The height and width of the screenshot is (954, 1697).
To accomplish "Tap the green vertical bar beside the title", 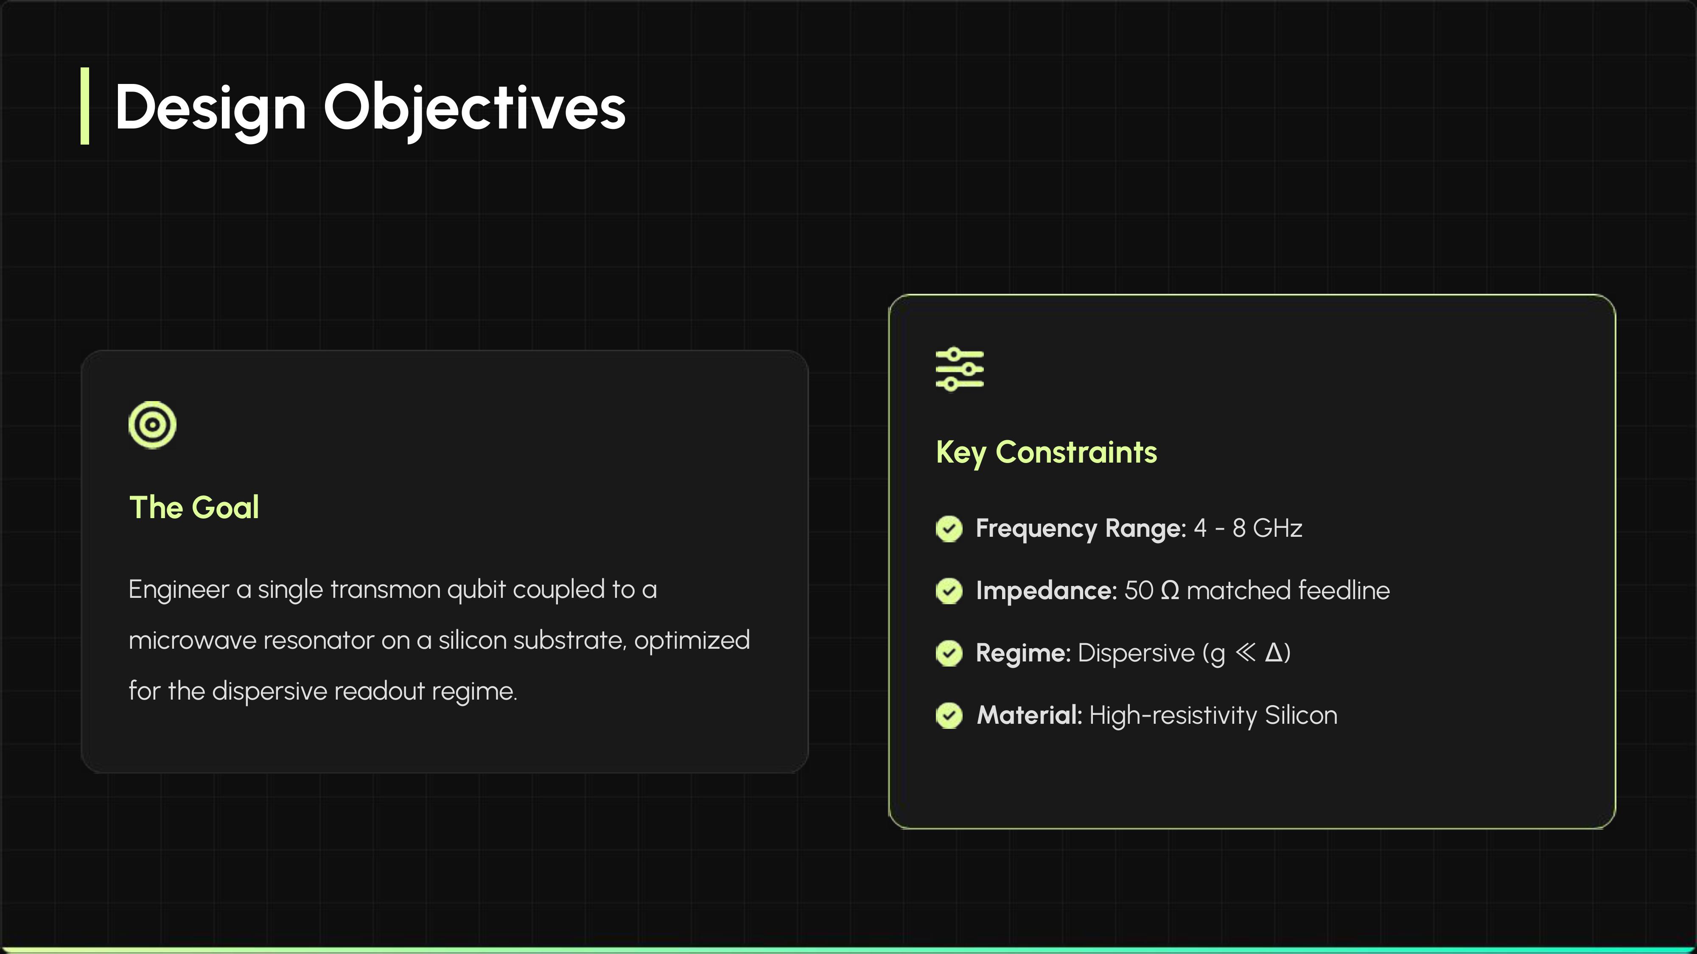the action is (84, 105).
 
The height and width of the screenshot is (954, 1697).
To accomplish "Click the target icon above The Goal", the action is (152, 425).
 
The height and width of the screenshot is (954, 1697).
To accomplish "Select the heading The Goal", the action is (194, 507).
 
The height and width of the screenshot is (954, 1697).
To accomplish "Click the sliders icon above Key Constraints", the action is (960, 369).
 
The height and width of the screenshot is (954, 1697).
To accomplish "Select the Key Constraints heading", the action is (1046, 452).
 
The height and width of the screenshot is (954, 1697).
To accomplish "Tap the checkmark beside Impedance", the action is (949, 591).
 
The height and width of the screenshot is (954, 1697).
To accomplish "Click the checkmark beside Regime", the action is (949, 653).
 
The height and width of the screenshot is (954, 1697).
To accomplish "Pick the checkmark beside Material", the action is (949, 716).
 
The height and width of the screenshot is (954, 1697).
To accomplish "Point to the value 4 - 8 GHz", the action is (1248, 528).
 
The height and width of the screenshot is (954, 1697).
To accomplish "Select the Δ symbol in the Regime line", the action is (1274, 653).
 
